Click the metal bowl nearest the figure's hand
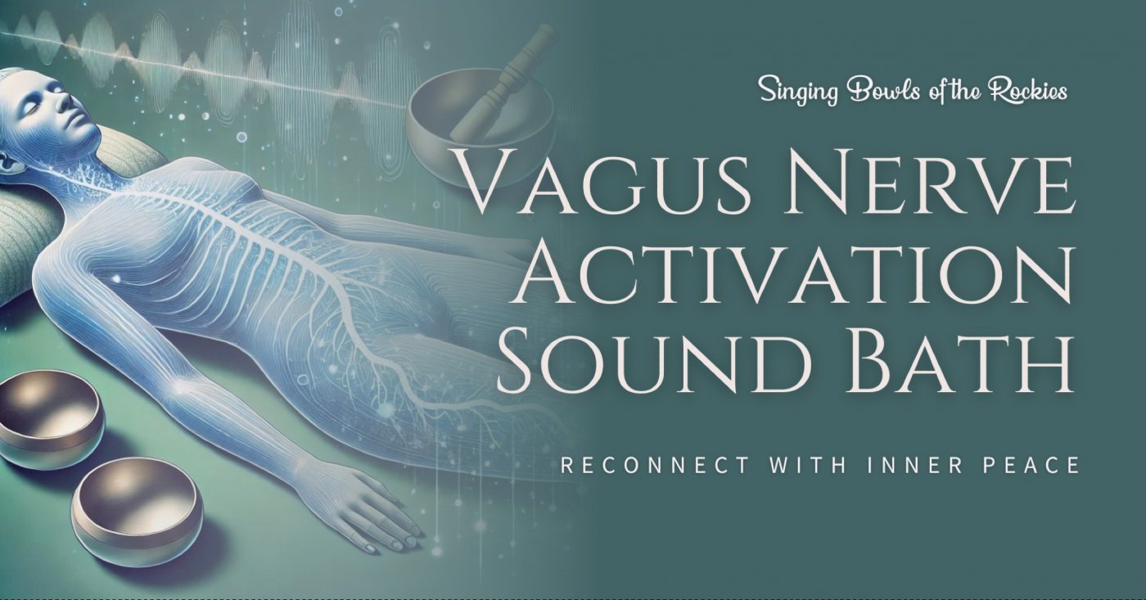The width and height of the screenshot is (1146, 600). tap(137, 512)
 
